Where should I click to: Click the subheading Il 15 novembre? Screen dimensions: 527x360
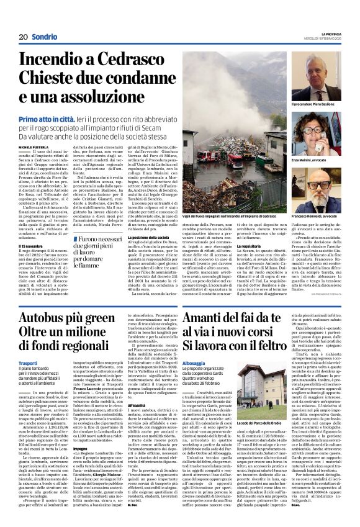click(31, 245)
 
